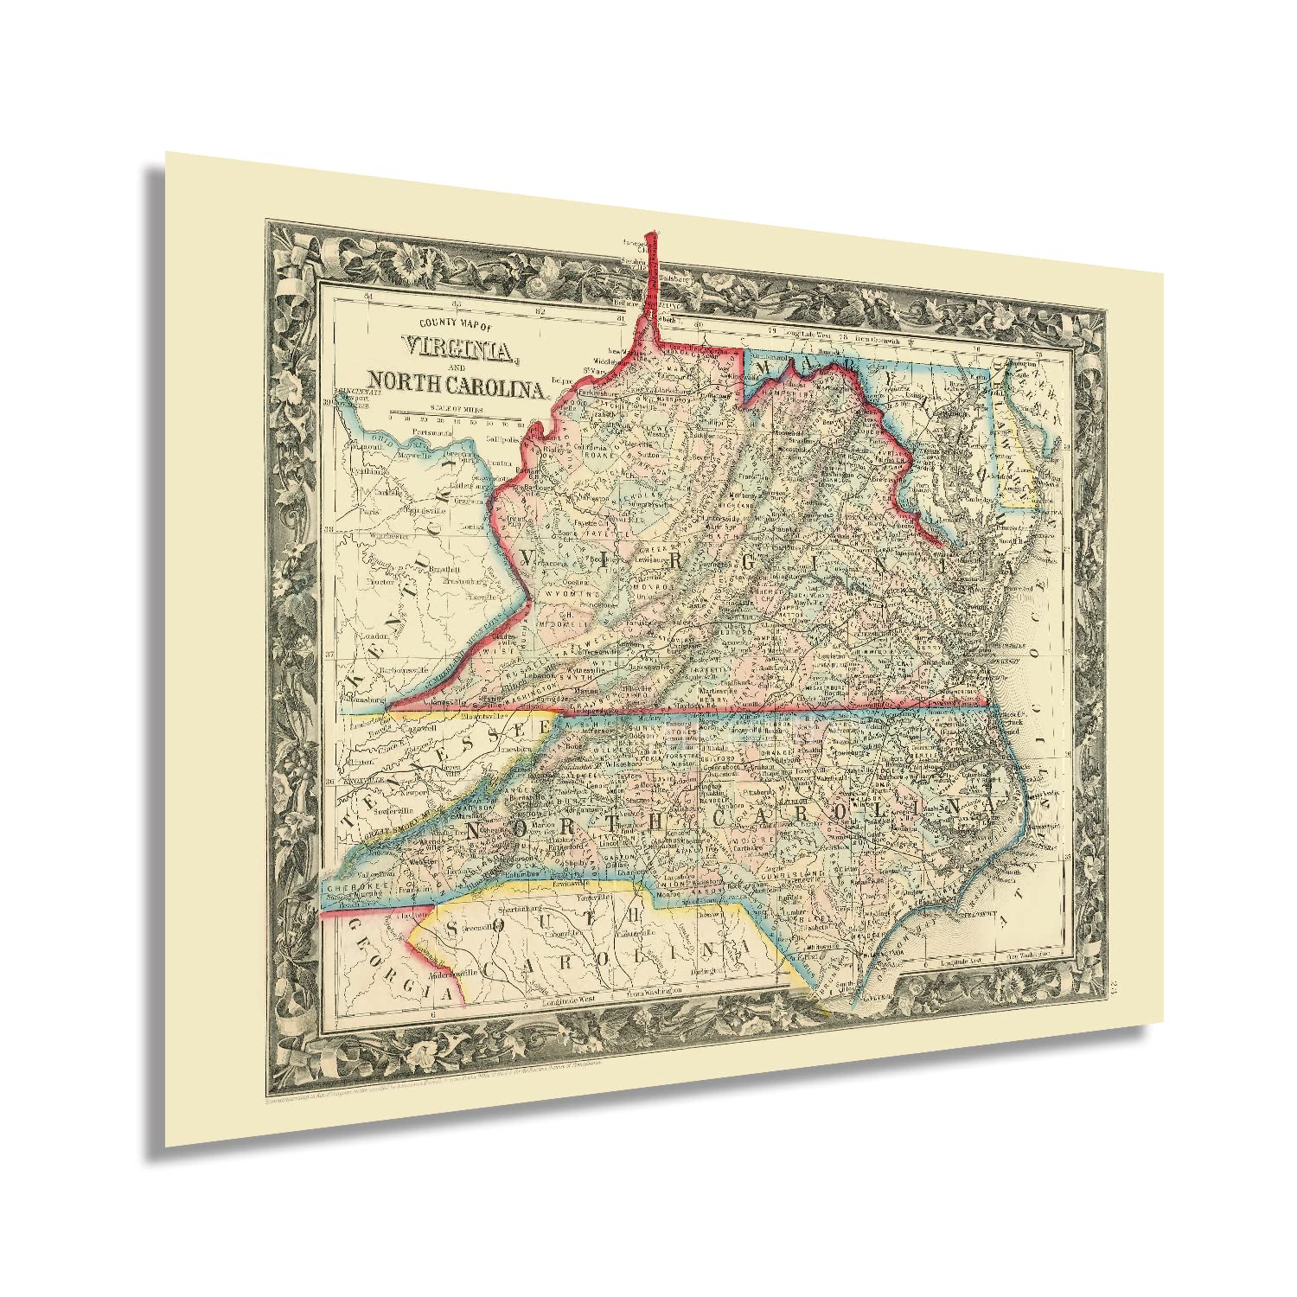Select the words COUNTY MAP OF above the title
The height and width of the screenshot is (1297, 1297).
click(x=455, y=325)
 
